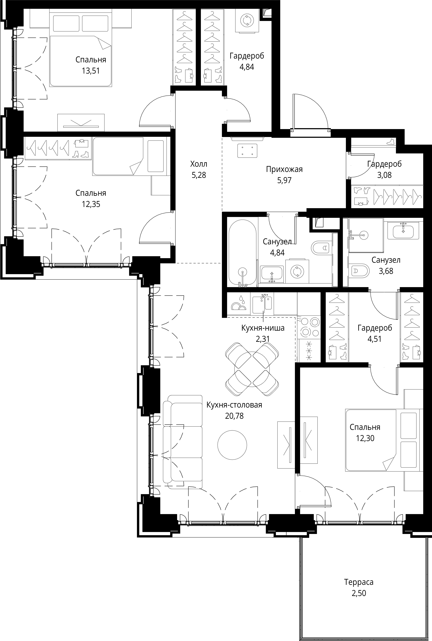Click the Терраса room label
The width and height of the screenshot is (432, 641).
pos(359,582)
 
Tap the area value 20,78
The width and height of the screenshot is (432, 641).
pos(234,416)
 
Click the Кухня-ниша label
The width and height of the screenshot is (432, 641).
pos(263,328)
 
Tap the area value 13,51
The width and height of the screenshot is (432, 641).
pos(91,71)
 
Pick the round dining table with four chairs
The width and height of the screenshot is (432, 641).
pos(252,369)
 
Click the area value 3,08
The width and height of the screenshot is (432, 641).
pos(384,175)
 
